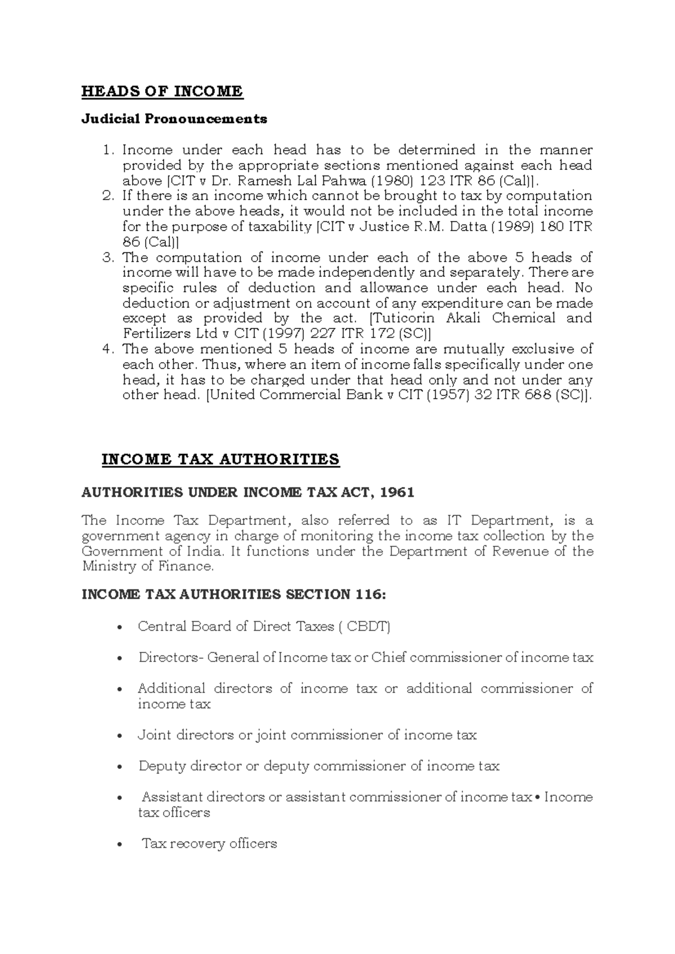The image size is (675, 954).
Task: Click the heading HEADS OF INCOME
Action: point(162,91)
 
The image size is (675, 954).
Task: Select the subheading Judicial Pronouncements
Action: point(174,119)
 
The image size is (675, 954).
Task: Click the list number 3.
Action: point(108,258)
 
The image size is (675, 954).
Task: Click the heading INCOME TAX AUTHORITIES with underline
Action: point(220,460)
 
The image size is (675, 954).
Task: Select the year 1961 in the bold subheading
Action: point(397,492)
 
